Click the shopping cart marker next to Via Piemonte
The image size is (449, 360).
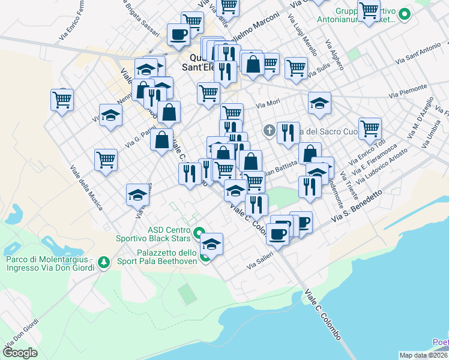coord(370,127)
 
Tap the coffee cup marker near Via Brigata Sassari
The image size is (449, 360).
coord(178,35)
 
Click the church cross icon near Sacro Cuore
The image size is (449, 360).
coord(270,130)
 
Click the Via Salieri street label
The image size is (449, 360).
coord(261,260)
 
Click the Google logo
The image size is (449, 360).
coord(20,352)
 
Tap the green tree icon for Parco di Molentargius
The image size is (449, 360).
coord(104,262)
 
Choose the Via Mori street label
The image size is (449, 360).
coord(268,106)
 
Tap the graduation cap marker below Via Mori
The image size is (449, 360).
coord(320,103)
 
